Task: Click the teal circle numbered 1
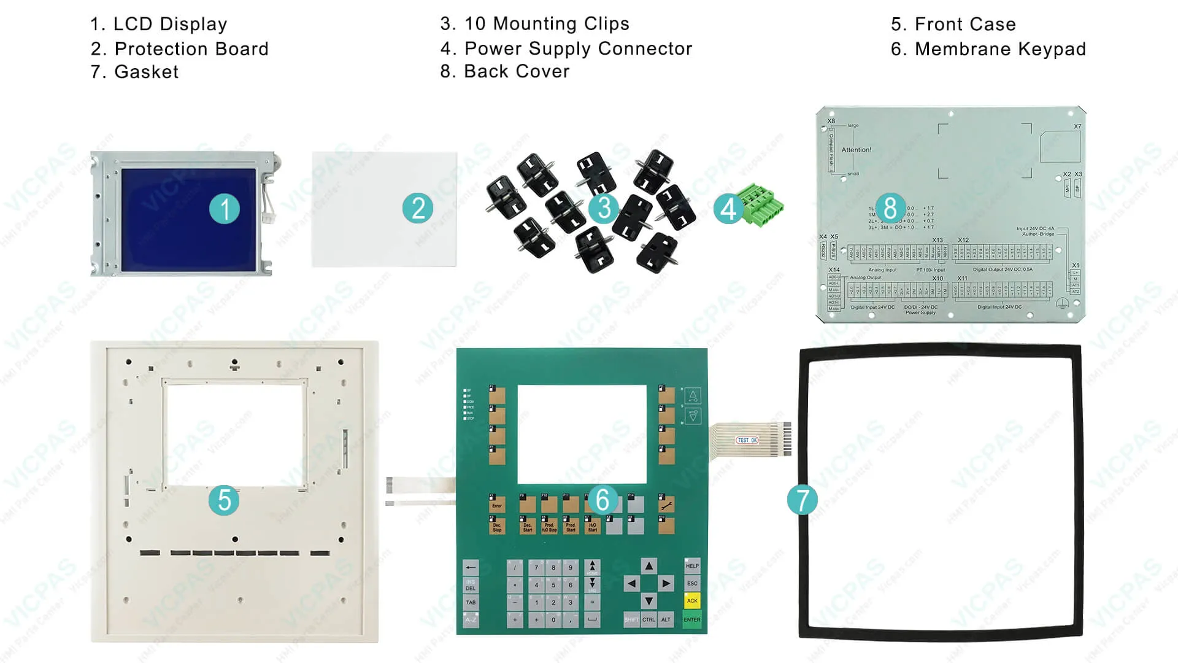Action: tap(224, 209)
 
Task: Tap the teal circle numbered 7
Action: tap(802, 500)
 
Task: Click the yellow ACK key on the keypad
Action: tap(692, 601)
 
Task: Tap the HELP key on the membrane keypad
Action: tap(692, 566)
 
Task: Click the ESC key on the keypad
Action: tap(692, 583)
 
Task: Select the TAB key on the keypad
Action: tap(471, 602)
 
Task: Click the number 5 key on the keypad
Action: tap(553, 585)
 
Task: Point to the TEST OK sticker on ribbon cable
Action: tap(747, 440)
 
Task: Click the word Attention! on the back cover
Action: tap(856, 150)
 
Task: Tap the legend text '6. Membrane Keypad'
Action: tap(988, 49)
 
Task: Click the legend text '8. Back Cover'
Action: tap(504, 72)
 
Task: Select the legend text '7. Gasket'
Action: tap(134, 72)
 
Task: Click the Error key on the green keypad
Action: tap(497, 505)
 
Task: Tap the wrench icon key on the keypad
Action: tap(666, 505)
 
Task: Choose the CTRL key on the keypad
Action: tap(649, 619)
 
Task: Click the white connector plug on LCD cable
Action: tap(269, 217)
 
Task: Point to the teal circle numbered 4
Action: tap(728, 209)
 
